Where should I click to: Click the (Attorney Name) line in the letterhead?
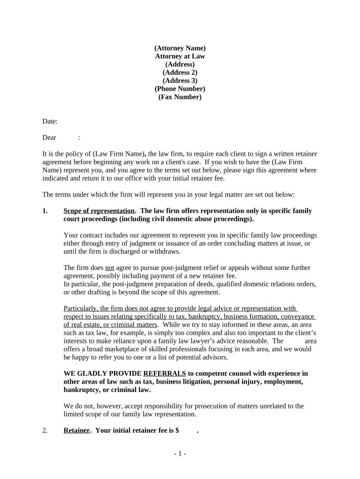180,48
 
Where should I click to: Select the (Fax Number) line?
180,97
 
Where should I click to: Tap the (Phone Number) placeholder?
180,89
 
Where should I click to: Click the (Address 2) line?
180,73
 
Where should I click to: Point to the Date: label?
50,122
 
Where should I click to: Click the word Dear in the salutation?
49,138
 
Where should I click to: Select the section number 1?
45,211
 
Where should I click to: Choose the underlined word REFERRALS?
165,373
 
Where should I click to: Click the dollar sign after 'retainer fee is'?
177,431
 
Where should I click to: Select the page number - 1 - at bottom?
180,454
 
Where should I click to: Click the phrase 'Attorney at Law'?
180,56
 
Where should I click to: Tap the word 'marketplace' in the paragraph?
120,349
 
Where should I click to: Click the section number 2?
45,431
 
